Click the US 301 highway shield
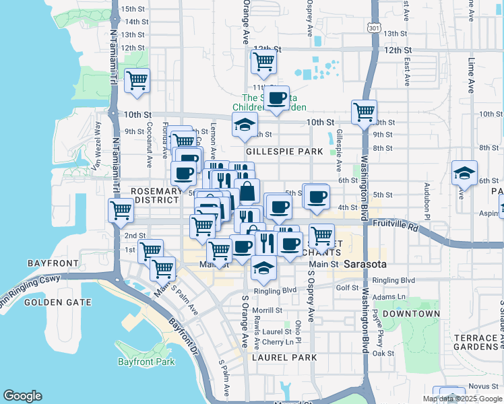(374, 28)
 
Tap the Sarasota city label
(365, 264)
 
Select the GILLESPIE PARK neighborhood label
(284, 151)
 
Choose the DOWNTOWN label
(411, 314)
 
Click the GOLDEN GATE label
(57, 302)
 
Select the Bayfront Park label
(146, 362)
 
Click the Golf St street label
(348, 288)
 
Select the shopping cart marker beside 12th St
(263, 62)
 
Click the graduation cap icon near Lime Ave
(464, 173)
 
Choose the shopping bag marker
(247, 191)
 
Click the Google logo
(23, 396)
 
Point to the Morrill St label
(268, 310)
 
